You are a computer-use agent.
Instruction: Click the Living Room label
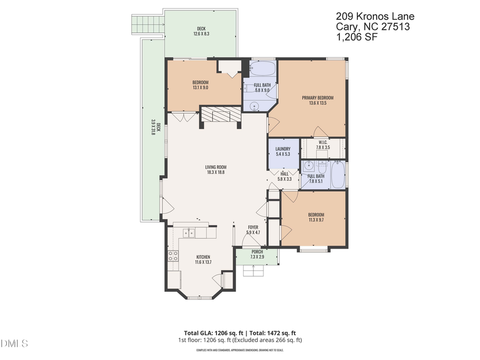tap(215, 167)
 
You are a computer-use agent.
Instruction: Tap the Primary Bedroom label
tap(317, 98)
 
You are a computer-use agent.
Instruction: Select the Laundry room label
tap(283, 149)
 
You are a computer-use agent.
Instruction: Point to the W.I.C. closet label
tap(323, 142)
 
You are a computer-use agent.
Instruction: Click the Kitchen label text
tap(202, 257)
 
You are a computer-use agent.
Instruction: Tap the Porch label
tap(257, 252)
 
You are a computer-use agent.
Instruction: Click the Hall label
tap(284, 173)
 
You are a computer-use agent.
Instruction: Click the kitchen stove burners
tap(173, 255)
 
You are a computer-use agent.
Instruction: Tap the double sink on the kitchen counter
tap(189, 233)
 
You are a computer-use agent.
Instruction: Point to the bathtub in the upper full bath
tap(262, 69)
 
